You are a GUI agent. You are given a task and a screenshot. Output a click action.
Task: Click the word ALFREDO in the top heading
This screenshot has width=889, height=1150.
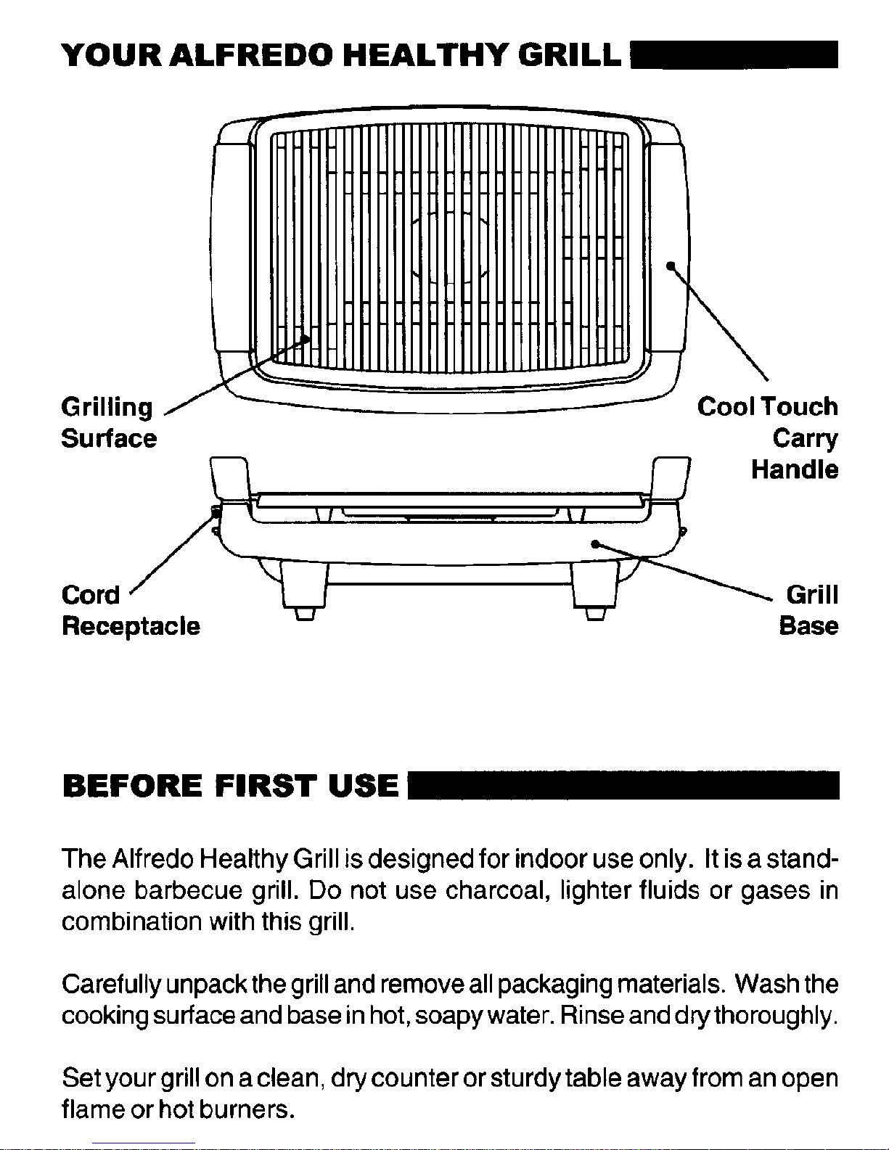pos(254,55)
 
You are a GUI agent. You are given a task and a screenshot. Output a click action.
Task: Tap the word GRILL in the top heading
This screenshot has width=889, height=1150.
pos(570,55)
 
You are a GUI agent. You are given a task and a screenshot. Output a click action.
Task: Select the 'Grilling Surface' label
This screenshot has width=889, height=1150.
pos(109,423)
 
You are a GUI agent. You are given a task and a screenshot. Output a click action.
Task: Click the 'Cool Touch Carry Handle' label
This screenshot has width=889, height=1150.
pos(768,438)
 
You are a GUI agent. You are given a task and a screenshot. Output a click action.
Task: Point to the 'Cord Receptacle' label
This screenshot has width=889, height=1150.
pos(131,610)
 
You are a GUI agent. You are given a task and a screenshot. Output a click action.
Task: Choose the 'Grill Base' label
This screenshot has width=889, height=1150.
pos(809,610)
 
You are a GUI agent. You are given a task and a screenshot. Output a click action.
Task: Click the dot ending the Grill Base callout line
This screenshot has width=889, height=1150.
pos(595,543)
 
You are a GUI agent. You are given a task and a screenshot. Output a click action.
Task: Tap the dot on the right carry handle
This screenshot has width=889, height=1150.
pos(671,266)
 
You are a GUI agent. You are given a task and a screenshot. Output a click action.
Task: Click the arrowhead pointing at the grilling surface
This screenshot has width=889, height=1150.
pos(304,339)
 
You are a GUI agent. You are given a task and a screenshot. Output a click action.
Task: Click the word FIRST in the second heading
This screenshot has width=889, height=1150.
pos(266,786)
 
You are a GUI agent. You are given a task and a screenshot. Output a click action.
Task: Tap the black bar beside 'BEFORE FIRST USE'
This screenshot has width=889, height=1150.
pos(624,785)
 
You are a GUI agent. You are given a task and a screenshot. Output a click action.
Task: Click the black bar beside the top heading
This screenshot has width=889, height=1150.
pos(734,54)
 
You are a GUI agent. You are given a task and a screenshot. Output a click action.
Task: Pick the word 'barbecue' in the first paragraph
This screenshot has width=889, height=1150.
pos(188,890)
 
